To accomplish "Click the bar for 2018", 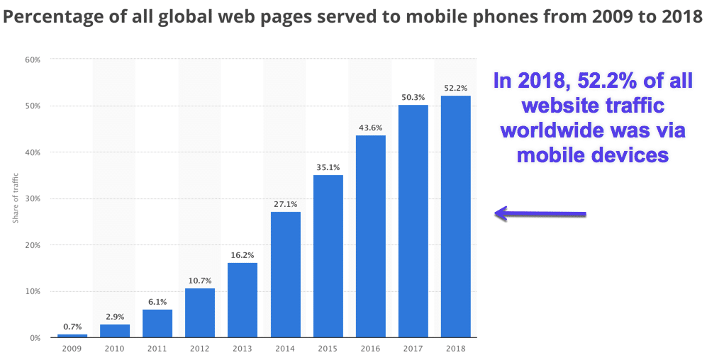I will (x=455, y=216).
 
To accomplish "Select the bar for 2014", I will (x=285, y=274).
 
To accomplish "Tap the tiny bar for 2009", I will (x=72, y=336).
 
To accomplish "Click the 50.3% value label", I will (x=413, y=97).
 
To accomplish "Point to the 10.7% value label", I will (x=199, y=281).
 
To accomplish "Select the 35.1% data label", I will (x=328, y=167).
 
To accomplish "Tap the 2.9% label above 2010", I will (x=114, y=317).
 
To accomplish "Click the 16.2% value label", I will (x=242, y=255).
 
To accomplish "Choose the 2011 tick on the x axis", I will (x=157, y=348).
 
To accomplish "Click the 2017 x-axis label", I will (x=413, y=348).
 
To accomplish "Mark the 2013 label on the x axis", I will (x=242, y=348).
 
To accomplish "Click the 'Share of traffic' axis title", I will (x=16, y=199).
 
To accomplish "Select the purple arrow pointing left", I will (x=540, y=213).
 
